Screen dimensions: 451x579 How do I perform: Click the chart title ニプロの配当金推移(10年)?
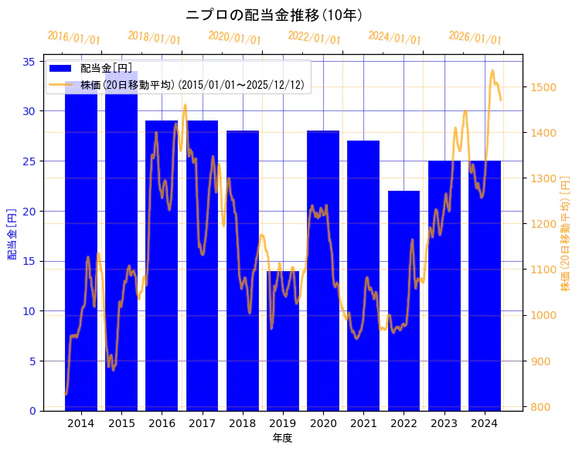[x=274, y=15]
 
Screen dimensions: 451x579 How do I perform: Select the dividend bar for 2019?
[x=283, y=340]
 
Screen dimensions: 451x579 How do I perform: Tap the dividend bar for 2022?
[x=404, y=300]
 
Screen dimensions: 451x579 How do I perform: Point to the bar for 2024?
[x=485, y=285]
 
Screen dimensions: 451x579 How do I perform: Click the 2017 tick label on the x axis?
[x=202, y=423]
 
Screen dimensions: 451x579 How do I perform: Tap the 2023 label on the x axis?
[x=444, y=423]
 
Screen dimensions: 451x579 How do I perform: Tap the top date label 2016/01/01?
[x=73, y=38]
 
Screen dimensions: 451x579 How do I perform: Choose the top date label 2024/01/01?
[x=394, y=38]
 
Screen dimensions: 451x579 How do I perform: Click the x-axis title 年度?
[x=282, y=438]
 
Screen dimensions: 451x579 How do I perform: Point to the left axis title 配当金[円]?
[x=12, y=233]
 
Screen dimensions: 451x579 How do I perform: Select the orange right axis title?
[x=566, y=234]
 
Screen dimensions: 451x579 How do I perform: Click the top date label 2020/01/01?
[x=234, y=38]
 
